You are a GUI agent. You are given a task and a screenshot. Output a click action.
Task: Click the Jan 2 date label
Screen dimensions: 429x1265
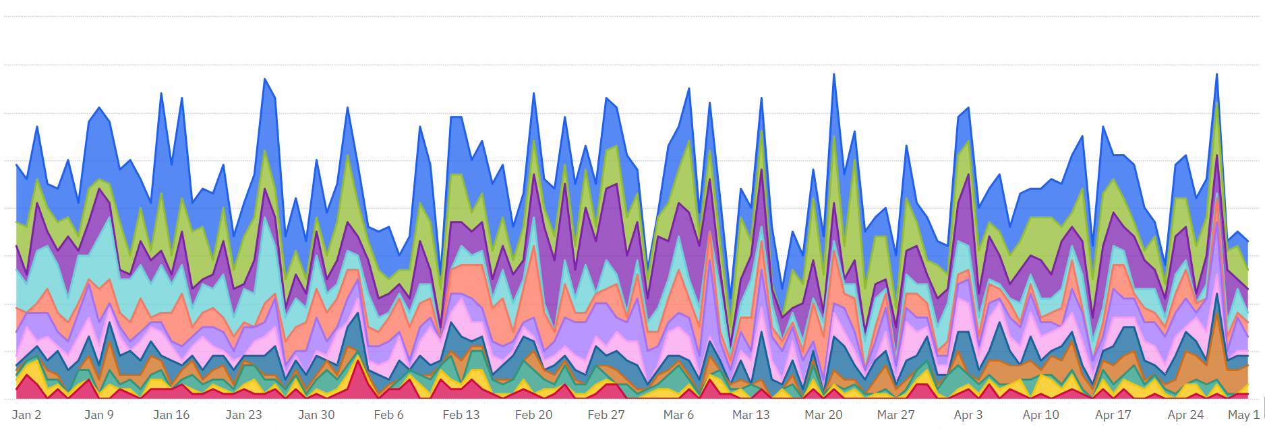[26, 415]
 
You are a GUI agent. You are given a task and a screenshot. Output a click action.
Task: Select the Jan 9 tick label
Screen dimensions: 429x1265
[99, 415]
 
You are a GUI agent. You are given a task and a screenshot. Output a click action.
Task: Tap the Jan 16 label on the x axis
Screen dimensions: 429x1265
[171, 415]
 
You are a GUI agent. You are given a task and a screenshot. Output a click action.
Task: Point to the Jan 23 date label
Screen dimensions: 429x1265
[243, 415]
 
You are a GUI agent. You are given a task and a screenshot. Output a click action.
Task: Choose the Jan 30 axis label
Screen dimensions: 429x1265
[316, 415]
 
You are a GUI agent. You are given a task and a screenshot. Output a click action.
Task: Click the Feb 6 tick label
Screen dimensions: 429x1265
[388, 415]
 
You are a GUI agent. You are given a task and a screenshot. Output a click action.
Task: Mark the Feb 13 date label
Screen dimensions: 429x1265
[461, 415]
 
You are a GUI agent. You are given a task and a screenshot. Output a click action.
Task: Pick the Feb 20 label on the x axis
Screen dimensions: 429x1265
[533, 415]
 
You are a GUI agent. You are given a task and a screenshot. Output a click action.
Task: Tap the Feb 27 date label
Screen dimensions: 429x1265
[606, 415]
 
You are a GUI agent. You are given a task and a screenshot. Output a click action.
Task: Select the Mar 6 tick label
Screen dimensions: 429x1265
[678, 415]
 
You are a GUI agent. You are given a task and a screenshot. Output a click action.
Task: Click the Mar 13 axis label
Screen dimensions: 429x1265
[751, 415]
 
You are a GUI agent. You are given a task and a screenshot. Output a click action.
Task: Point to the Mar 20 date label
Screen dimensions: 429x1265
[823, 415]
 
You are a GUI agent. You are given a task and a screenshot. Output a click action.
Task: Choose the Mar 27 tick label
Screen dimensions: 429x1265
[896, 415]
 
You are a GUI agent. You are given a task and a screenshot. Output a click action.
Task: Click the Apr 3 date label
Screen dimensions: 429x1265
[968, 415]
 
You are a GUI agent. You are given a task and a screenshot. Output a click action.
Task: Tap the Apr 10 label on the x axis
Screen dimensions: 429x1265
[1041, 415]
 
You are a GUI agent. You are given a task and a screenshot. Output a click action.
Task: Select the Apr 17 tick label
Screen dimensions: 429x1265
[1113, 415]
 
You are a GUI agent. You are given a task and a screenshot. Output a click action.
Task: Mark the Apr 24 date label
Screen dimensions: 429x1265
[1186, 415]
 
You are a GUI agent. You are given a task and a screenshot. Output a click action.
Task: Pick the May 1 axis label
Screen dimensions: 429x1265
[1243, 415]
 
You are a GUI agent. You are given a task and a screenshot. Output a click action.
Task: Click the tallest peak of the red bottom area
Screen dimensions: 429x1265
[357, 361]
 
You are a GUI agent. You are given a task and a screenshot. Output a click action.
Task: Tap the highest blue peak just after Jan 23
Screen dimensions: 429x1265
[265, 79]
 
